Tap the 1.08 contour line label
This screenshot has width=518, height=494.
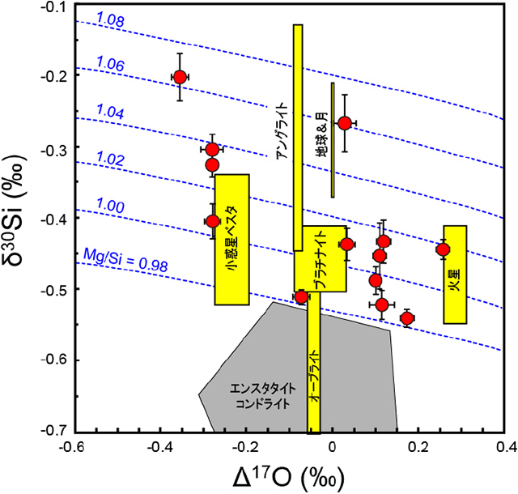coord(110,18)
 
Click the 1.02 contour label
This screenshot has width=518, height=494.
coord(110,160)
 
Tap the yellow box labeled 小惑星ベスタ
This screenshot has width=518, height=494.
coord(231,239)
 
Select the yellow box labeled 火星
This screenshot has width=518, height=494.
coord(455,275)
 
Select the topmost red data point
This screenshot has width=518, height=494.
coord(180,77)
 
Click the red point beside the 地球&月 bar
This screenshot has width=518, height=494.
coord(345,123)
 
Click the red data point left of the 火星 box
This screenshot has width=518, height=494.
coord(443,249)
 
